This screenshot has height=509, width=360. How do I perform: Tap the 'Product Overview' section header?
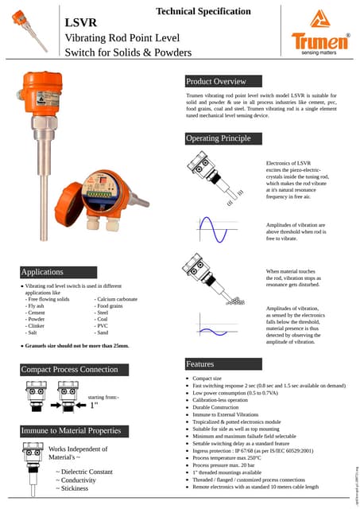pyautogui.click(x=216, y=81)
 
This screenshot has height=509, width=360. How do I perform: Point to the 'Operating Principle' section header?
pyautogui.click(x=219, y=138)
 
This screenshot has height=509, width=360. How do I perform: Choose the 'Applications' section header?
pyautogui.click(x=42, y=272)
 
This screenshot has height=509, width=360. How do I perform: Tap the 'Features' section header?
pyautogui.click(x=199, y=363)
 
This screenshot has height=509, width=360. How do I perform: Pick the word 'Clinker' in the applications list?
pyautogui.click(x=36, y=326)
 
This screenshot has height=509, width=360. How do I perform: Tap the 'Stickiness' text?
pyautogui.click(x=75, y=488)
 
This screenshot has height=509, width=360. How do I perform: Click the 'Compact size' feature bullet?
pyautogui.click(x=207, y=379)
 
